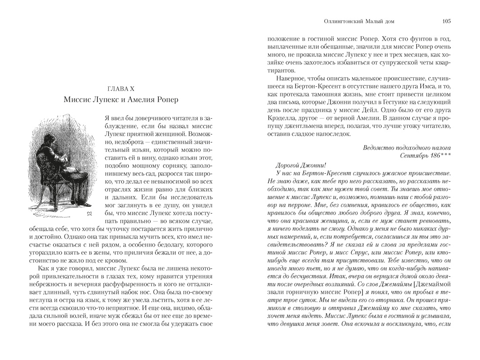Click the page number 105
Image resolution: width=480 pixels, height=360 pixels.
pyautogui.click(x=446, y=21)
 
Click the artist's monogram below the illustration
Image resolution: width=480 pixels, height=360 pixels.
pyautogui.click(x=89, y=213)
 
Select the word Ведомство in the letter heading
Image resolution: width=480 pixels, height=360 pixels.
pyautogui.click(x=378, y=147)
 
